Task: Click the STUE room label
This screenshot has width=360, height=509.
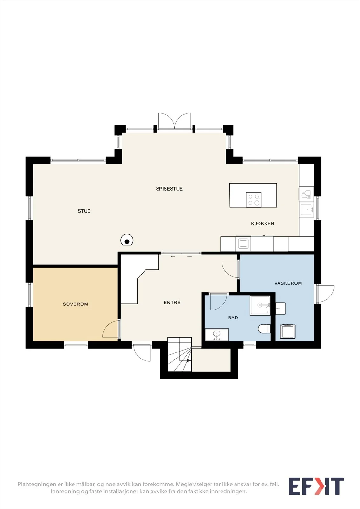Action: pyautogui.click(x=84, y=211)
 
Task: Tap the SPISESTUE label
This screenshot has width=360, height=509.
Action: pyautogui.click(x=169, y=189)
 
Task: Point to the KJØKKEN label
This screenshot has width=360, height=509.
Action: pyautogui.click(x=263, y=223)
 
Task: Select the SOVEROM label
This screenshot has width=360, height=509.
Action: pyautogui.click(x=75, y=304)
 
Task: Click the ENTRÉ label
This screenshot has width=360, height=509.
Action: pyautogui.click(x=172, y=302)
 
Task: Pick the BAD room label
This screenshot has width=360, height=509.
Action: pyautogui.click(x=233, y=318)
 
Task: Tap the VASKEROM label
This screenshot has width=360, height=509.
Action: pyautogui.click(x=288, y=283)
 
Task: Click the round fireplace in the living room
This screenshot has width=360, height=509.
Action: pyautogui.click(x=127, y=240)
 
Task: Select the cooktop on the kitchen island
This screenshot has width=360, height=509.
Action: pyautogui.click(x=254, y=200)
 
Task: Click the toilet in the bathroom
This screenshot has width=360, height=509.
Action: pyautogui.click(x=264, y=329)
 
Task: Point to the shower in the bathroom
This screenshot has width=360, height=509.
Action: pyautogui.click(x=260, y=305)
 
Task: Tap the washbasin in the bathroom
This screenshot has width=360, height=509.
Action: pyautogui.click(x=217, y=334)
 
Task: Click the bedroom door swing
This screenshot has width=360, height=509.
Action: pyautogui.click(x=111, y=329)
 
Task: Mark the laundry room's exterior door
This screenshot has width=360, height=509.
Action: pyautogui.click(x=325, y=294)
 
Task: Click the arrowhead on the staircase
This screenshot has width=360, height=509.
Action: pyautogui.click(x=189, y=360)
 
